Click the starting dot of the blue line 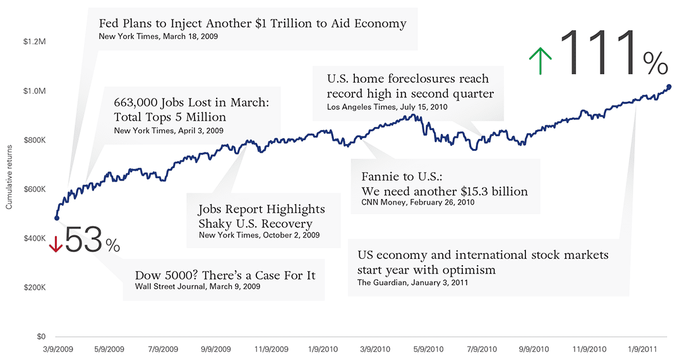57,218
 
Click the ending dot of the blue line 669,87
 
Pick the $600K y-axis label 34,189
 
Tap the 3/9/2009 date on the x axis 57,349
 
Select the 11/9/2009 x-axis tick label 272,349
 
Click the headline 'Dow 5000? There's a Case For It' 225,275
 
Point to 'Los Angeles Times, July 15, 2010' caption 387,107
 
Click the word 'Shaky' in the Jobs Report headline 216,224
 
